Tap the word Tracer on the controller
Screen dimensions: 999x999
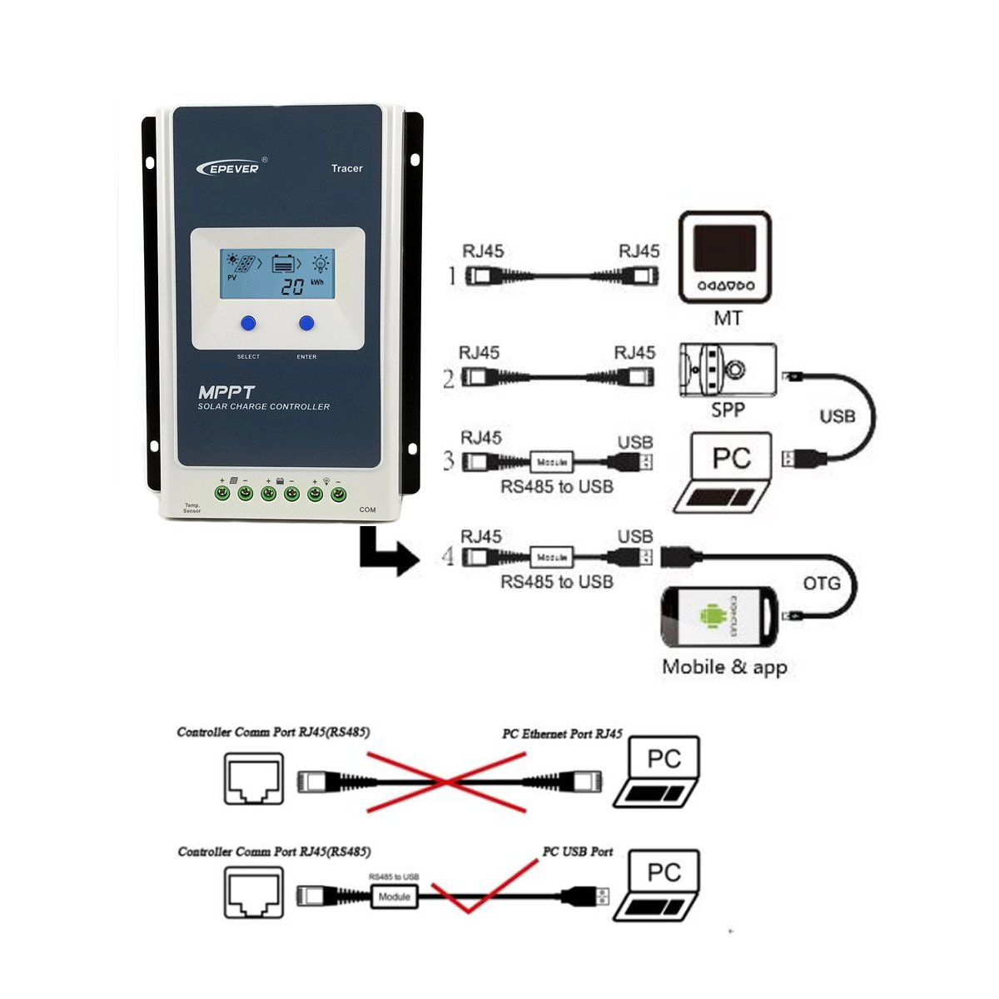[346, 168]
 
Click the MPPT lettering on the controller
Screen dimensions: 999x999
[226, 392]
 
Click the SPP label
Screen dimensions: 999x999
[728, 410]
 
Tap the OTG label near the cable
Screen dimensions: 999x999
[822, 584]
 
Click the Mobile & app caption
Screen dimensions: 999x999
[724, 667]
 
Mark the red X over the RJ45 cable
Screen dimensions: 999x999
[447, 781]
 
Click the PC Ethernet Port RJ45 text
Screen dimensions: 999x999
[562, 733]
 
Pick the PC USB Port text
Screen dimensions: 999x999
[578, 852]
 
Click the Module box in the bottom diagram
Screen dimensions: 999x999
[395, 897]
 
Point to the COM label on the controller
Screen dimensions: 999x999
[367, 509]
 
